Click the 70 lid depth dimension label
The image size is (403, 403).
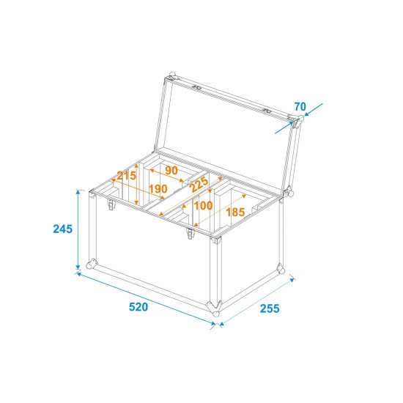299,107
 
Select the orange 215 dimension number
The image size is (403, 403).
126,176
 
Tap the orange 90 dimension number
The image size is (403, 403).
171,171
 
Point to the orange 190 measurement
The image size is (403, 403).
157,189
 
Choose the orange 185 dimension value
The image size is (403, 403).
236,212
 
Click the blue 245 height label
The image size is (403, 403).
62,229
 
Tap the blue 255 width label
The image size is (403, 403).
271,308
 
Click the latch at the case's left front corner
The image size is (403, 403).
111,207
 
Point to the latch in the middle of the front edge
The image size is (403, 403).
189,234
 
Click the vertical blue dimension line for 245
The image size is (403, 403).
78,229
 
